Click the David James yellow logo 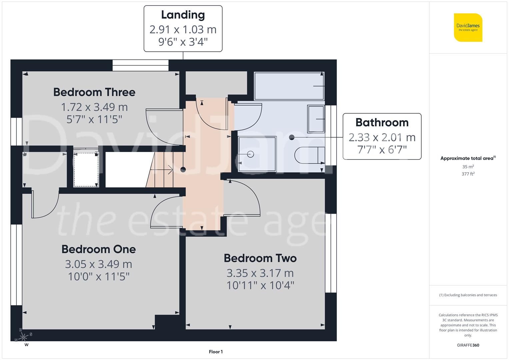click(468, 27)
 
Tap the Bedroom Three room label click(94, 92)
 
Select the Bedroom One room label click(99, 249)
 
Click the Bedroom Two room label click(260, 258)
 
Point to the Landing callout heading click(183, 15)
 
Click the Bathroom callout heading click(382, 122)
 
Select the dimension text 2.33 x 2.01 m click(382, 137)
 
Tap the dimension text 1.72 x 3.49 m click(94, 107)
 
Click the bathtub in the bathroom click(289, 86)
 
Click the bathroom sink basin click(316, 119)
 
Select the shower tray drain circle click(251, 154)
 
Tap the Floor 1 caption click(216, 352)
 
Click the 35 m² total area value click(468, 167)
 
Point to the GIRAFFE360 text click(468, 345)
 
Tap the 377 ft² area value click(468, 174)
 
